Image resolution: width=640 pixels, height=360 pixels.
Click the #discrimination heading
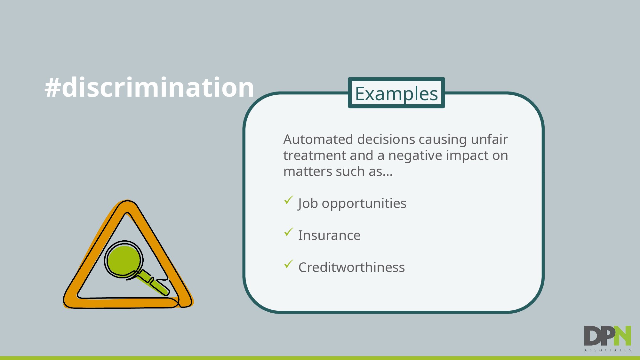click(x=149, y=87)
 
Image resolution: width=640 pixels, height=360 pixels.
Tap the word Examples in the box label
click(x=396, y=94)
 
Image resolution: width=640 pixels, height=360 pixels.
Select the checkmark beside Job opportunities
click(x=289, y=200)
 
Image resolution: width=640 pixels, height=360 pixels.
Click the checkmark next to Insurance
click(x=289, y=232)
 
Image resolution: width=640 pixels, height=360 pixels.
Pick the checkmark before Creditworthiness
click(x=289, y=264)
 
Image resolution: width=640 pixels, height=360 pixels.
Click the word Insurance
click(x=329, y=235)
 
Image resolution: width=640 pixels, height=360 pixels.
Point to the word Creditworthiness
click(x=351, y=267)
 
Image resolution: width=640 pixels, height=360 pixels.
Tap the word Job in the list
click(x=308, y=204)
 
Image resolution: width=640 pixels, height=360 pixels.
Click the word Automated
click(x=318, y=139)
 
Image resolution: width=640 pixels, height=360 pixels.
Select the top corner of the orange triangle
click(x=127, y=201)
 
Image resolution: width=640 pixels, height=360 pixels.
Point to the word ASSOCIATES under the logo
click(x=608, y=350)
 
